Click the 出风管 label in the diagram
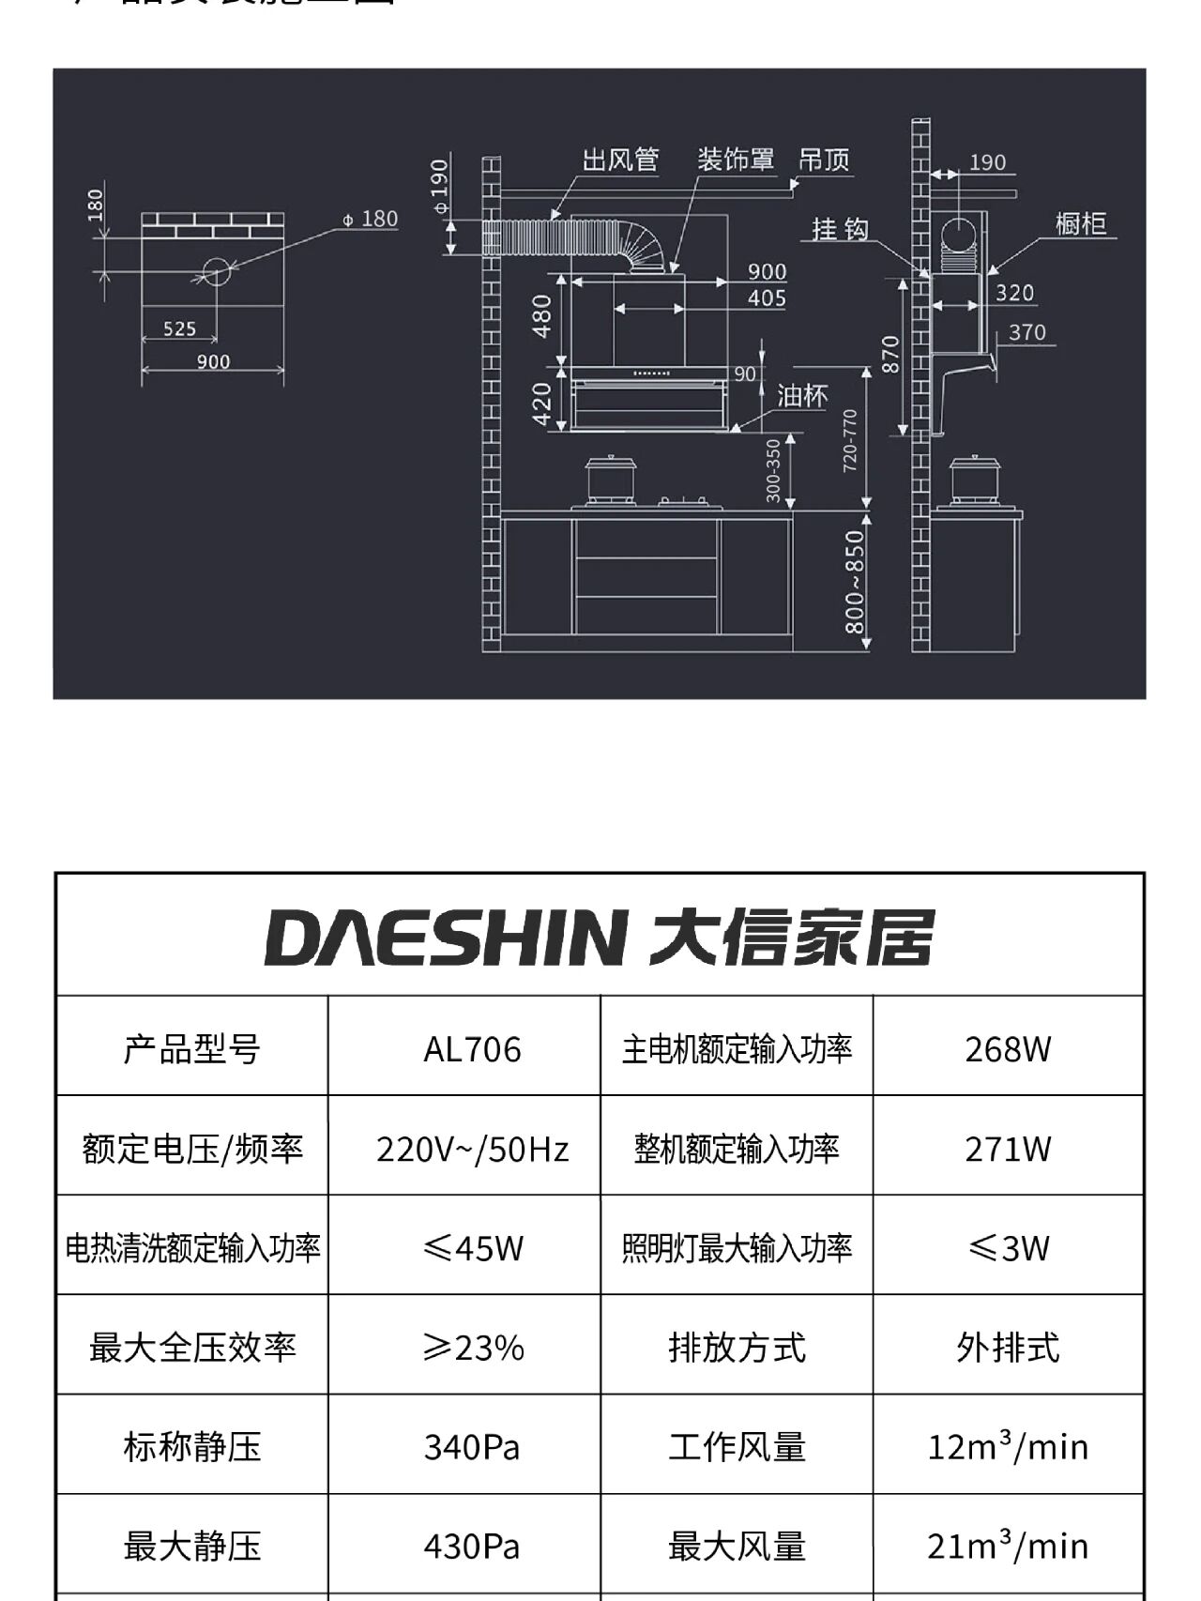tap(620, 160)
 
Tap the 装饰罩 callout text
tap(736, 160)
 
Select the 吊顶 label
tap(824, 160)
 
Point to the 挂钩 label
tap(840, 229)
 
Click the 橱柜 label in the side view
tap(1081, 223)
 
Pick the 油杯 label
tap(802, 396)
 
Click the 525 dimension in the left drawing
tap(179, 328)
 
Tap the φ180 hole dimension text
tap(370, 219)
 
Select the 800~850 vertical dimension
tap(854, 582)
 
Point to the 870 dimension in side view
tap(890, 354)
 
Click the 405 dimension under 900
tap(767, 298)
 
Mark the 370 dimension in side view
tap(1026, 332)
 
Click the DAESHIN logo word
tap(446, 937)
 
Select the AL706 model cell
tap(472, 1048)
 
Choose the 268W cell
tap(1008, 1048)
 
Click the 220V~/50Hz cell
tap(472, 1149)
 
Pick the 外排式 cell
tap(1008, 1349)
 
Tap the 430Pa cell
tap(472, 1547)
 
